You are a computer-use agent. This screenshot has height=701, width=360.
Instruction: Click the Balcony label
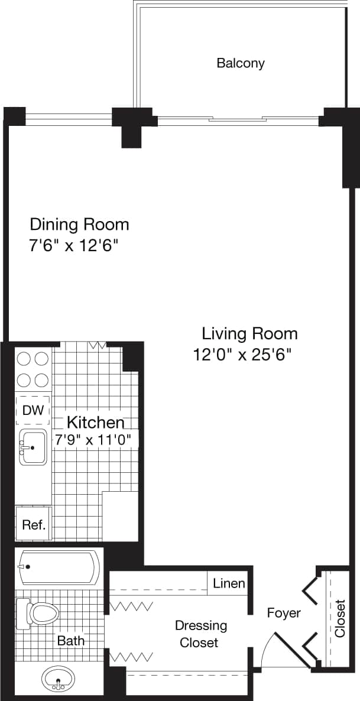[240, 63]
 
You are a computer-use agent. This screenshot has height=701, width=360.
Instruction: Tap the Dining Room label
[79, 225]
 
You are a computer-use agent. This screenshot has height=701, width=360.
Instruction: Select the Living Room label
[249, 333]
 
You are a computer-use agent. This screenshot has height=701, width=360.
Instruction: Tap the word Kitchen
[95, 422]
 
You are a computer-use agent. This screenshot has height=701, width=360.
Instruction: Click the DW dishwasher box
[33, 410]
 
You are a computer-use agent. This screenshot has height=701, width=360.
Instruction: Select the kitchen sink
[33, 447]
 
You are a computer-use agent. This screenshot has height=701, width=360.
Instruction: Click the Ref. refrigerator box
[34, 524]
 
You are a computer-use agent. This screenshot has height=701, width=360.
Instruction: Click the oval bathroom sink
[59, 679]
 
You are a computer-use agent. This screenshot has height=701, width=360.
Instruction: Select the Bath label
[71, 640]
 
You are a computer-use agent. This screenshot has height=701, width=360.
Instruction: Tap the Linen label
[229, 583]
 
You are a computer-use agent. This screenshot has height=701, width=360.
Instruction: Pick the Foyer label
[283, 613]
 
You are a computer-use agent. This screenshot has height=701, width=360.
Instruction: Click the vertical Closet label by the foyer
[340, 618]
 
